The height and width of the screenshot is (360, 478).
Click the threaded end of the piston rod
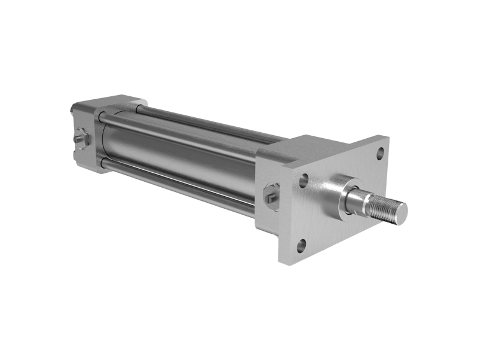[382, 206]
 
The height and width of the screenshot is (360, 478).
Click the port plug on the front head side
[270, 194]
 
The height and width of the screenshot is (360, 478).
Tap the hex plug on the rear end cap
[80, 139]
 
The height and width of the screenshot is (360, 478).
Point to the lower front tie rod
[179, 185]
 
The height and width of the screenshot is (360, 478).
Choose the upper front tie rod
[179, 137]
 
